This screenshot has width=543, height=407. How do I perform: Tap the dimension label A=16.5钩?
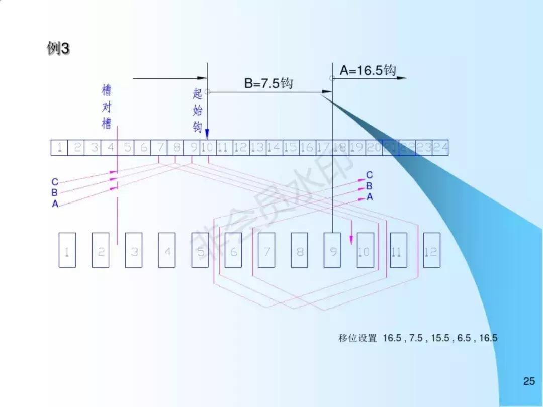[368, 70]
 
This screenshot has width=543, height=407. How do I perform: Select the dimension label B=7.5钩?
[268, 83]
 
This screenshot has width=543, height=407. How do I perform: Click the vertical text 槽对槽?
[106, 107]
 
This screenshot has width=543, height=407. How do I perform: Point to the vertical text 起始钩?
[197, 111]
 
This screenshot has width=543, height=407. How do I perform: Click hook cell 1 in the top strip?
[59, 147]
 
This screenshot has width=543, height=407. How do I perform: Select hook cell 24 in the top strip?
[440, 147]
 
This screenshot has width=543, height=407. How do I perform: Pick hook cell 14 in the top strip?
[274, 147]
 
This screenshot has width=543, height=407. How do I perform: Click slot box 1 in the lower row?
[67, 250]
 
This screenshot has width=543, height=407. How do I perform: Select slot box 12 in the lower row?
[431, 250]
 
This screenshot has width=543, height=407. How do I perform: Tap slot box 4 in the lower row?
[167, 250]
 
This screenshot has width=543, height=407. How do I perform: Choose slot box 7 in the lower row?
[266, 250]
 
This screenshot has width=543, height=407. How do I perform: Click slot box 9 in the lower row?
[333, 250]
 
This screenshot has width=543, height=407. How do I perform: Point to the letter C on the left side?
[55, 182]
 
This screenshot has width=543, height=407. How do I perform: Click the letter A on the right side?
[370, 197]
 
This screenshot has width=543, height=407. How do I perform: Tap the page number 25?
[529, 381]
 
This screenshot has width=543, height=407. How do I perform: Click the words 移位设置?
[357, 338]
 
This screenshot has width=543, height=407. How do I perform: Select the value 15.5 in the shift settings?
[439, 338]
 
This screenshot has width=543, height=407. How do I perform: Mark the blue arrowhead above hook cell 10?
[207, 134]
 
